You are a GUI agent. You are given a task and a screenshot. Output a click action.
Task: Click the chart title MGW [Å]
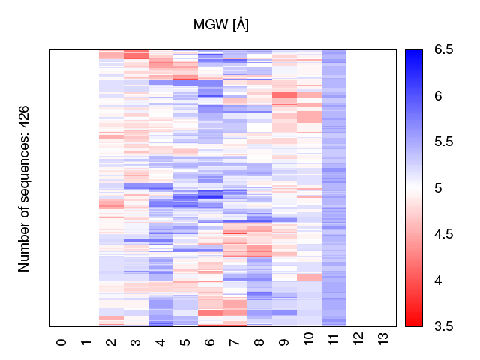coord(221,25)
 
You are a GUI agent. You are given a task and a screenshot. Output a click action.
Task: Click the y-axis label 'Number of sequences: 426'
coord(24,187)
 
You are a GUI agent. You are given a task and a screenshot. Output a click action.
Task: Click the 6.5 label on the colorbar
coord(443,50)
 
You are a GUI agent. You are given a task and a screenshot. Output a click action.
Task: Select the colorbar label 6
coord(439,96)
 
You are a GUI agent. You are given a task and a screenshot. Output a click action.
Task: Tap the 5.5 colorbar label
coord(443,142)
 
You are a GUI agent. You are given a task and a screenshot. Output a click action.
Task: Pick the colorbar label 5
coord(439,188)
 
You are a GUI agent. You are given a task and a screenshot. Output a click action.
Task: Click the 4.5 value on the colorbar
coord(443,234)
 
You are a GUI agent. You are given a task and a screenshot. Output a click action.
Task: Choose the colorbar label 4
coord(439,280)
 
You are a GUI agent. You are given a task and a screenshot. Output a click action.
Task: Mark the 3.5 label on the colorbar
coord(443,326)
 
